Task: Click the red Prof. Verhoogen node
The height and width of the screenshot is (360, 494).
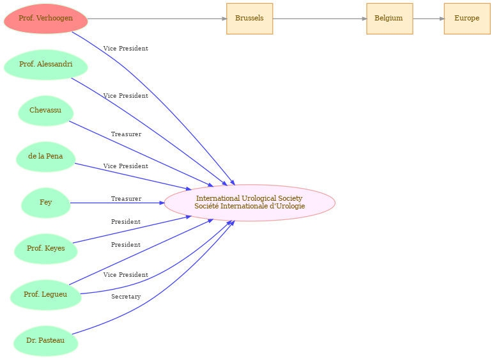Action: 45,19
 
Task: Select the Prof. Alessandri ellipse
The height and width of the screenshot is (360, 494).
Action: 45,65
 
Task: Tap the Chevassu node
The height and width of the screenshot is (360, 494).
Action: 45,111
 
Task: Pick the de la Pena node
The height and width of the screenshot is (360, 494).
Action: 45,157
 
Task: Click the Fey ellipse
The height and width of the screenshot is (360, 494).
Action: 45,203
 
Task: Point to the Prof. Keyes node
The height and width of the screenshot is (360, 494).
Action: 45,249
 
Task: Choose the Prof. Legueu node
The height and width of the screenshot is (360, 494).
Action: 45,295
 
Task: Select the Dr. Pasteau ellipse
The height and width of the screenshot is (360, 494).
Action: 45,341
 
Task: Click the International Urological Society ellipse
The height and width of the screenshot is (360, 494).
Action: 249,203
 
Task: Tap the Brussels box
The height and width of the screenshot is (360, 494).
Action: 249,19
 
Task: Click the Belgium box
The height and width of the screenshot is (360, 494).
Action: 389,19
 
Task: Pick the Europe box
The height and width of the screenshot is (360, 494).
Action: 467,19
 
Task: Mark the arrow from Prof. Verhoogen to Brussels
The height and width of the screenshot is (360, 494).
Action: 157,19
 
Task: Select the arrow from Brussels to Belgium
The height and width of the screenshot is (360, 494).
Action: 320,19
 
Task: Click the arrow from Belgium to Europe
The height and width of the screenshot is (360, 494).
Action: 428,19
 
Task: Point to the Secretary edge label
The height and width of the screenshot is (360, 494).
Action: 126,297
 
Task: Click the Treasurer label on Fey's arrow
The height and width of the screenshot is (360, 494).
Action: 126,199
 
